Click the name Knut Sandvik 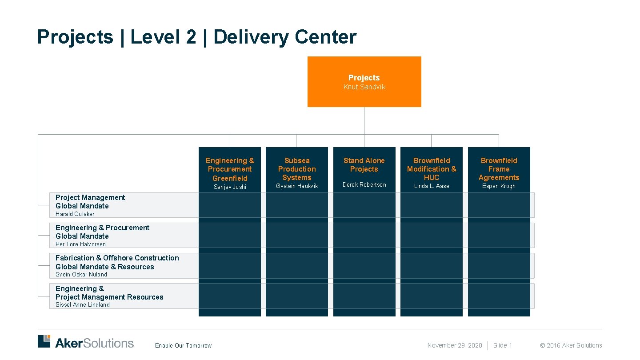364,87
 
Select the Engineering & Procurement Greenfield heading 230,169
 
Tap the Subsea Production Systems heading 297,169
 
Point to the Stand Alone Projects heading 364,165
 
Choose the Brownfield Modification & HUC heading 432,169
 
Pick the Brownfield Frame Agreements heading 499,169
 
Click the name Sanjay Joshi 230,187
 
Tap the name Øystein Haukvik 297,186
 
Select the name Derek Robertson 364,185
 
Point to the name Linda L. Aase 432,186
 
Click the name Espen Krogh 499,186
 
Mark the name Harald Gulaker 75,214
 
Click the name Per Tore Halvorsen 80,244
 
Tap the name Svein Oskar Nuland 81,275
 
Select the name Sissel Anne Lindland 82,305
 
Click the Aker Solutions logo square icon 44,341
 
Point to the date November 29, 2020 455,346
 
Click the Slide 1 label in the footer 503,346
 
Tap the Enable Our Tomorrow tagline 183,346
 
